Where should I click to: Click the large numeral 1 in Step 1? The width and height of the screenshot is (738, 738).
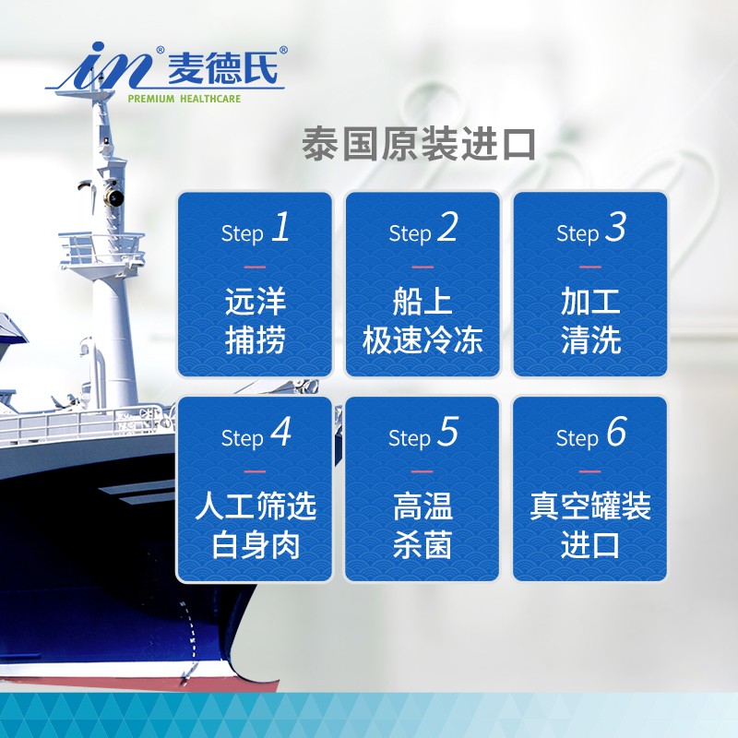click(x=281, y=227)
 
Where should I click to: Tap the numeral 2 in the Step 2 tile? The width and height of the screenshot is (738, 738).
click(x=447, y=227)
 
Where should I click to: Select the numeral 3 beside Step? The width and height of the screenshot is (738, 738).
click(x=615, y=227)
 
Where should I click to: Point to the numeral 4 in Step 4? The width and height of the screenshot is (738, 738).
click(x=281, y=431)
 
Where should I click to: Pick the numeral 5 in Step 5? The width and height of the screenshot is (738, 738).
click(x=447, y=431)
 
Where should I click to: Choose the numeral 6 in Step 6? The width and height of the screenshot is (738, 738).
click(x=616, y=431)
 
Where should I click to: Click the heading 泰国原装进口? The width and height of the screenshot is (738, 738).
click(x=419, y=144)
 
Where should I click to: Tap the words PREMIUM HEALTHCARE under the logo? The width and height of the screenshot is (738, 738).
click(x=184, y=99)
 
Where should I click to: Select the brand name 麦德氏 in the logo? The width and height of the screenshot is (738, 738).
click(x=222, y=68)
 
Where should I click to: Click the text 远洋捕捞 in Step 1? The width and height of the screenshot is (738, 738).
click(x=256, y=320)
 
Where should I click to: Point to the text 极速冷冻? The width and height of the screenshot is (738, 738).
click(x=423, y=339)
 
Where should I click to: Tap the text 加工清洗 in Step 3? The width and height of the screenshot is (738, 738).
click(x=590, y=320)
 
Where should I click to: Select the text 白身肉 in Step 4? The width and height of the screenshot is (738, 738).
click(x=256, y=545)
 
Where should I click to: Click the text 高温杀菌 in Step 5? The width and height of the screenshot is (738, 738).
click(x=423, y=525)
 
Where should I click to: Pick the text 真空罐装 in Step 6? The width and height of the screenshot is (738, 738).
click(x=590, y=506)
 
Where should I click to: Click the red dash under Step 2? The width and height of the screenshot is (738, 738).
click(x=423, y=267)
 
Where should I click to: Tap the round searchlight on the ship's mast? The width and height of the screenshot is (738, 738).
click(x=113, y=197)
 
